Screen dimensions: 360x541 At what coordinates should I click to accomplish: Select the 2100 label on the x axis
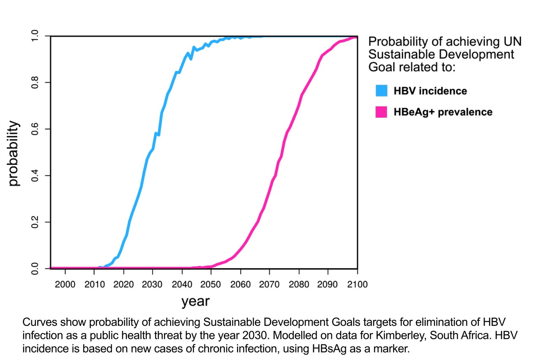(357, 284)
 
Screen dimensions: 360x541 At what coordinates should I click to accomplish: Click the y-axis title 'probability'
(14, 153)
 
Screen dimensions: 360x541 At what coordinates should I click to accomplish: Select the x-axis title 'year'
(195, 301)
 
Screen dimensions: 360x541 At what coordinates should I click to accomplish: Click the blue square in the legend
(381, 91)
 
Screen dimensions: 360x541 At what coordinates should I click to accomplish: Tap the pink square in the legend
(381, 112)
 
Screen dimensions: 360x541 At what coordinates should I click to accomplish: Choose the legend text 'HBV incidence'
(430, 91)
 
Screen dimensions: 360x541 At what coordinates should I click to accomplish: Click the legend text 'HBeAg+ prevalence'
(443, 112)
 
